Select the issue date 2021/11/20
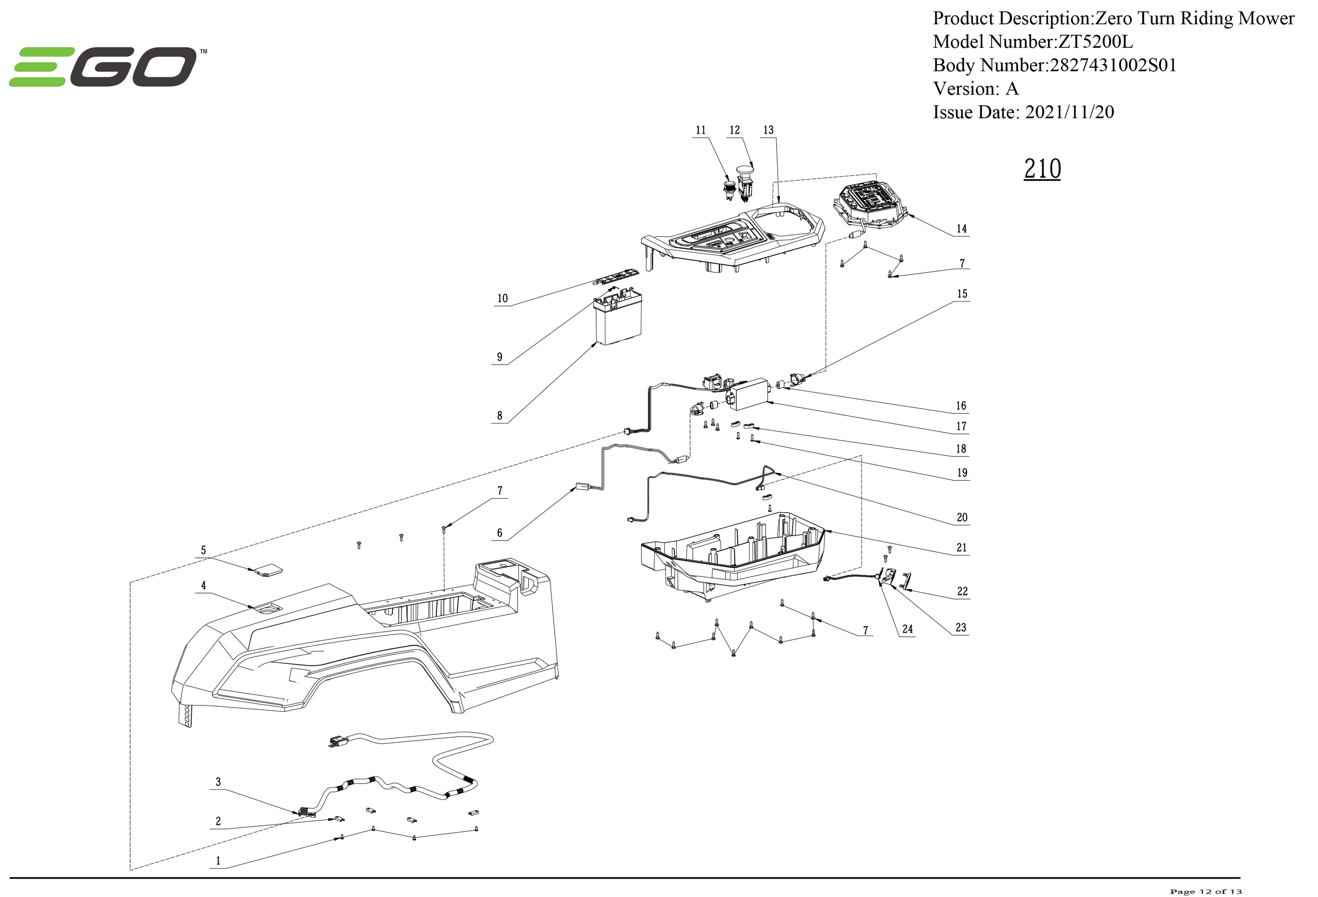tap(1070, 112)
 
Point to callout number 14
tap(962, 228)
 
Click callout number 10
tap(503, 298)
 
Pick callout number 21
tap(962, 548)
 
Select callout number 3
tap(218, 782)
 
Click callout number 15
tap(962, 294)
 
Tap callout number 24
tap(907, 629)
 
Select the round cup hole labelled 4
tap(268, 609)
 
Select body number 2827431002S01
tap(1113, 65)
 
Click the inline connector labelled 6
tap(583, 486)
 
